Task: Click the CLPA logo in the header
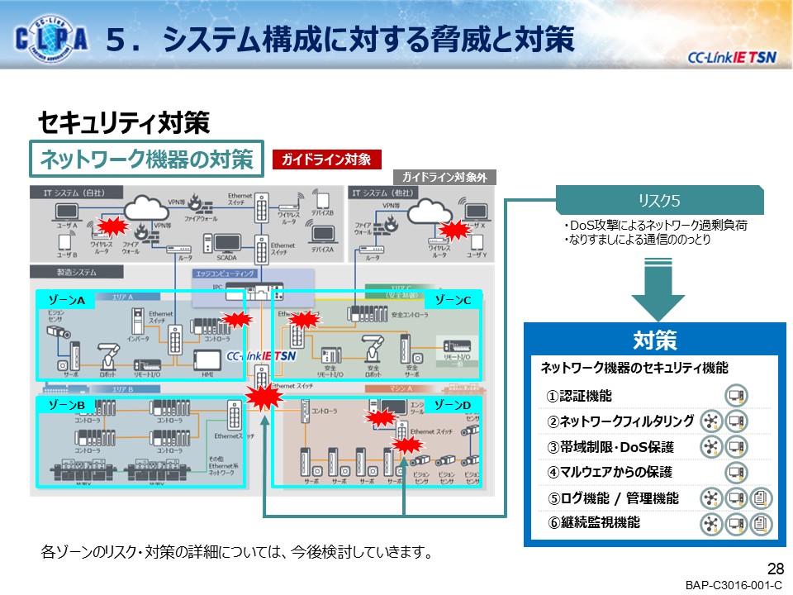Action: coord(51,39)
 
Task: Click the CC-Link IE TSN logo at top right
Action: coord(732,56)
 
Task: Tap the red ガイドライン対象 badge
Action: coord(326,159)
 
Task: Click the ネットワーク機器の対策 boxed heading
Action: coord(147,159)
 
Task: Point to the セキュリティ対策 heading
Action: coord(124,123)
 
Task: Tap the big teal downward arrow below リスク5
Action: coord(658,288)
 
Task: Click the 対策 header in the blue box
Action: coord(655,340)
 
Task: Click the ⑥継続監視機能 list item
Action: coord(592,523)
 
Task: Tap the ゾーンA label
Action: coord(66,300)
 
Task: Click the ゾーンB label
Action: coord(66,405)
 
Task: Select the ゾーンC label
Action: coord(453,300)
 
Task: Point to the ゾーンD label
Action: coord(453,405)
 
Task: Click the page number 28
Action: coord(775,569)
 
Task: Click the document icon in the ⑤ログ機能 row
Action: coord(762,498)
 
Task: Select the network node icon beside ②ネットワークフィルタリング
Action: coord(710,422)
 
